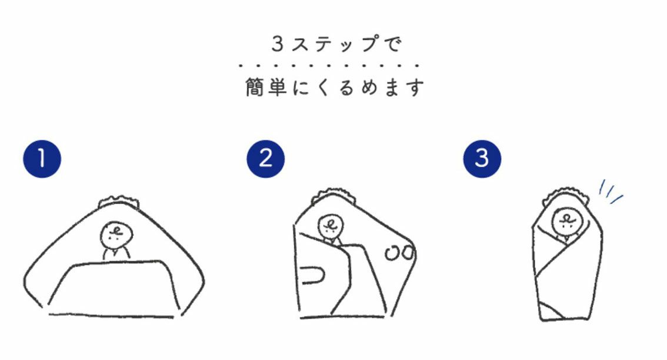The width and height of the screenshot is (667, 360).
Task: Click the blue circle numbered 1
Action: (x=42, y=159)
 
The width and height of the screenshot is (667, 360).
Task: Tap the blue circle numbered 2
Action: (x=265, y=159)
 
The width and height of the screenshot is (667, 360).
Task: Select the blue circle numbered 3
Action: (x=482, y=159)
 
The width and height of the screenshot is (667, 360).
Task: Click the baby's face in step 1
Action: (x=116, y=235)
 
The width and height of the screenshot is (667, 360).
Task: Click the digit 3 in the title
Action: (x=278, y=44)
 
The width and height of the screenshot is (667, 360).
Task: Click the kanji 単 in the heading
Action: (x=277, y=87)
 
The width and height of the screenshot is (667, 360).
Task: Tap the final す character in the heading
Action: (x=414, y=87)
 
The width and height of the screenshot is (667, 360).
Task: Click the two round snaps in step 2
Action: (x=399, y=253)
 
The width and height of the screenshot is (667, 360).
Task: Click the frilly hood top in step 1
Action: (x=119, y=202)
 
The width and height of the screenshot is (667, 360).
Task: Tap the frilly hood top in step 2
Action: (x=333, y=195)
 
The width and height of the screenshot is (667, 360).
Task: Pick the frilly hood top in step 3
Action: (x=568, y=194)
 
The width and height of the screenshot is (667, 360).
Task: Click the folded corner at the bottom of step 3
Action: (x=551, y=311)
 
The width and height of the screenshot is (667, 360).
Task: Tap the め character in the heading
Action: (x=369, y=87)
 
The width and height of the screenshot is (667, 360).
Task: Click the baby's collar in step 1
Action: (x=116, y=254)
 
